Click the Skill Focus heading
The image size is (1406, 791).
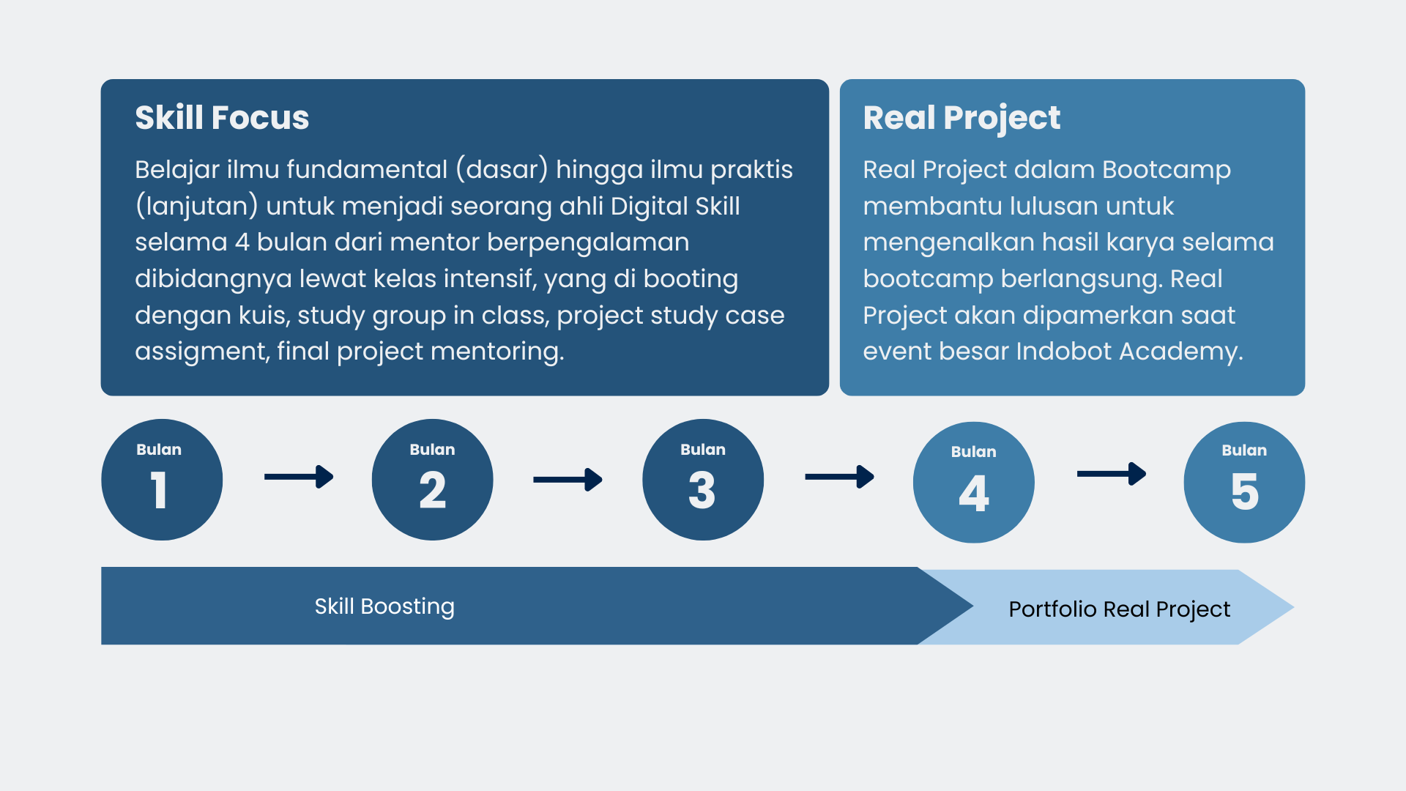[x=222, y=118]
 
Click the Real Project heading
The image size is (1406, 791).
[x=961, y=119]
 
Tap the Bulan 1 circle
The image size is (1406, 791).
[x=162, y=480]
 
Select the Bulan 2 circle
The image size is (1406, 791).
[x=432, y=480]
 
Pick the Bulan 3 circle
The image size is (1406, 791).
[x=703, y=480]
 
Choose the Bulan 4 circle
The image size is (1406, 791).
[x=974, y=482]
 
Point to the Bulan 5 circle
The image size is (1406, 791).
[x=1244, y=482]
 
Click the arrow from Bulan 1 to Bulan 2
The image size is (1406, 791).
[x=299, y=477]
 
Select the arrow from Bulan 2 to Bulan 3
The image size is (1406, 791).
[x=568, y=480]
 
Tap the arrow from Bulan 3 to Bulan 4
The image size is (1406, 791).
[x=840, y=477]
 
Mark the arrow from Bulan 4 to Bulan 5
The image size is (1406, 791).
[x=1112, y=474]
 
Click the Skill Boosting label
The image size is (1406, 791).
[x=384, y=606]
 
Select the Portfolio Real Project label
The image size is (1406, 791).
[x=1120, y=609]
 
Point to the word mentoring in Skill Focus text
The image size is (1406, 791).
[x=497, y=352]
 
